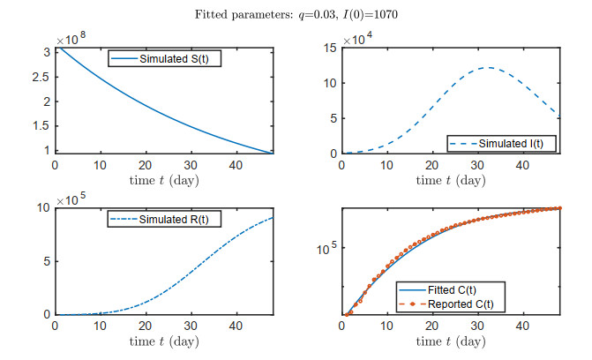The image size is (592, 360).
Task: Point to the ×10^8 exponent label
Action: pyautogui.click(x=73, y=40)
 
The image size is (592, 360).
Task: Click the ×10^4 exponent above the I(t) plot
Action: pyautogui.click(x=361, y=40)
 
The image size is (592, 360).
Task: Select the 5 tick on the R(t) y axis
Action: pyautogui.click(x=47, y=261)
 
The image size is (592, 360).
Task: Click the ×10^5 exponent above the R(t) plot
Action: pyautogui.click(x=73, y=200)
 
